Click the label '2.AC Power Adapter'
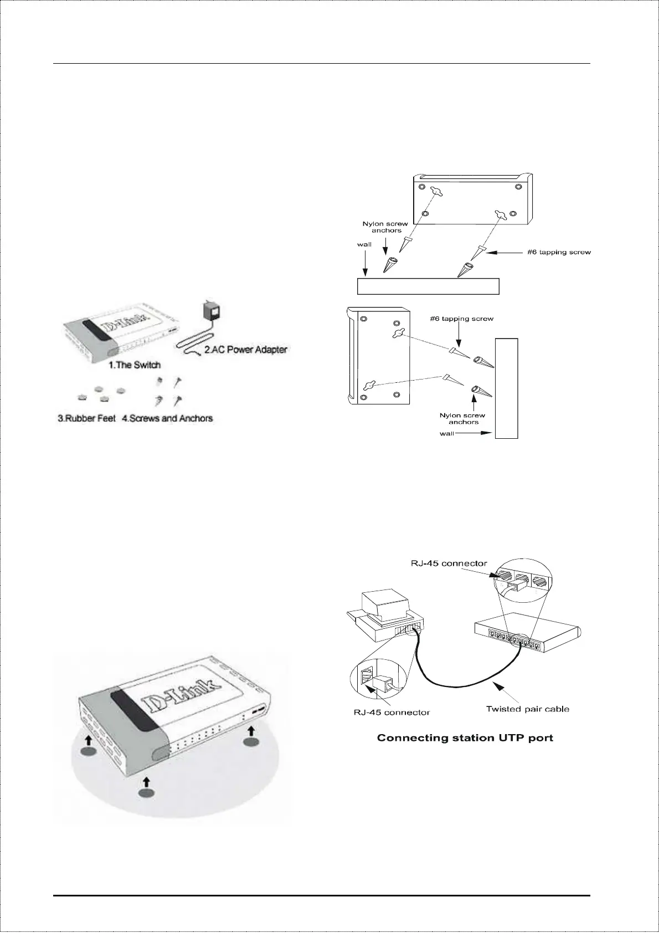coord(245,350)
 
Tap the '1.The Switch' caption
coord(135,365)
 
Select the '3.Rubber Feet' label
coord(87,418)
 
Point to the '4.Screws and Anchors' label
coord(167,418)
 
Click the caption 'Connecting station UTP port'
coord(465,738)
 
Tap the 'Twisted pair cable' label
coord(527,709)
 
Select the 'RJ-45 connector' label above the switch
coord(449,563)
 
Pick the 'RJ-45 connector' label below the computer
coord(392,712)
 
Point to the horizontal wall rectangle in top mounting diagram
coord(428,286)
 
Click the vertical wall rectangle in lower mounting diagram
coord(506,388)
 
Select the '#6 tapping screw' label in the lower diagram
coord(461,319)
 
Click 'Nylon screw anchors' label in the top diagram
coord(385,227)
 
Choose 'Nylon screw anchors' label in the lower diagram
coord(462,418)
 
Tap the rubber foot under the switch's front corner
coord(146,793)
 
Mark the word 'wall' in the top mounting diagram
coord(364,244)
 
